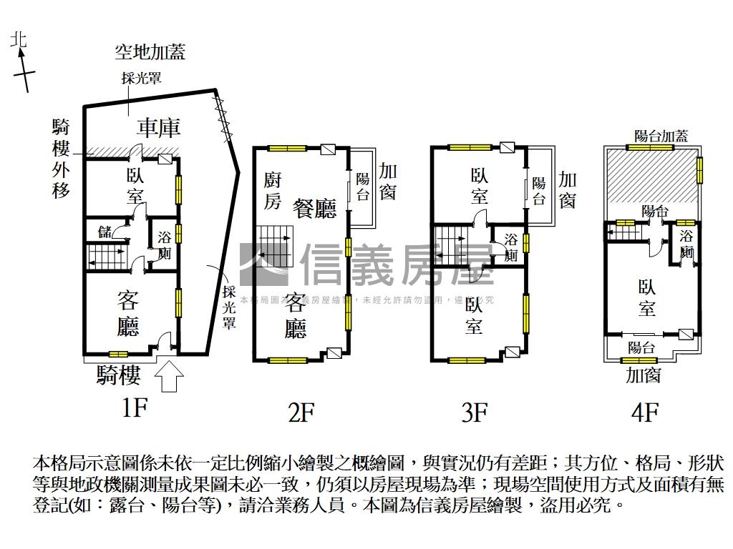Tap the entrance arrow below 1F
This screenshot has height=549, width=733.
(x=169, y=377)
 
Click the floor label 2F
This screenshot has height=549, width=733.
(x=301, y=412)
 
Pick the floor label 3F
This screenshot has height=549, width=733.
(x=474, y=412)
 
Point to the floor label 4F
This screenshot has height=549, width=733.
(x=645, y=412)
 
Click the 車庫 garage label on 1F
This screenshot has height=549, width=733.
(x=159, y=128)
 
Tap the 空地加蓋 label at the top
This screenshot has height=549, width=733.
(x=150, y=52)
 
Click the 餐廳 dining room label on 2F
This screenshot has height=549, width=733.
(x=314, y=209)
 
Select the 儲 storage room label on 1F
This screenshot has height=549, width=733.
(x=105, y=230)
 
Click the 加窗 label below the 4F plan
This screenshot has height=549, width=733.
(x=642, y=375)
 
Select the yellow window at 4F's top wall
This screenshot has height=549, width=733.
(x=651, y=147)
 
